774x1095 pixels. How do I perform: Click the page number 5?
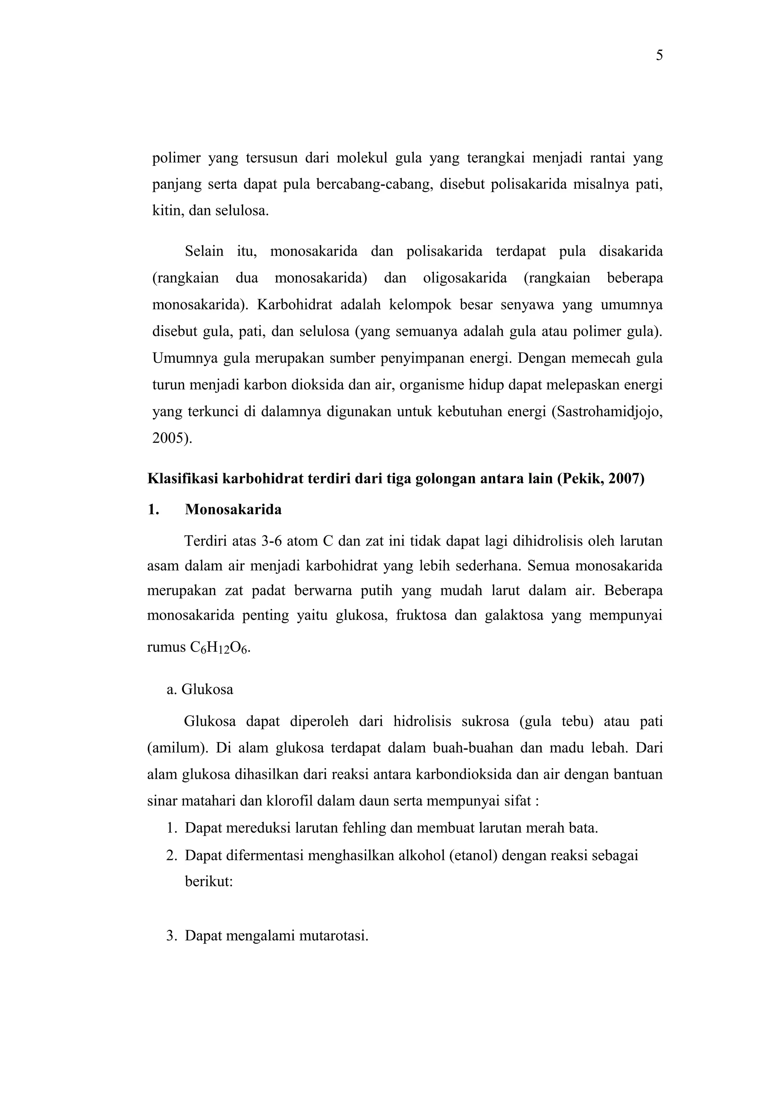click(x=659, y=56)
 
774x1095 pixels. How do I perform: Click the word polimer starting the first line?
click(x=176, y=158)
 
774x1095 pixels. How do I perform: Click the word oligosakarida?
click(x=464, y=278)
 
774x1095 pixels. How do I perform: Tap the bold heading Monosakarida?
click(x=233, y=509)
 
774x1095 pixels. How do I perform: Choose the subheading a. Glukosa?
click(x=200, y=690)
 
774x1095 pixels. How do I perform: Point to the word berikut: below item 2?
click(x=208, y=882)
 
